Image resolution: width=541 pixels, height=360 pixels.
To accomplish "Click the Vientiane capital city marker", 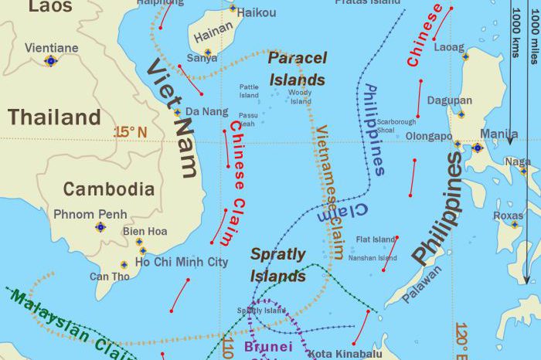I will pos(51,60).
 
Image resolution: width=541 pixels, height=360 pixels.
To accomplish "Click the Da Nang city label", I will pos(204,112).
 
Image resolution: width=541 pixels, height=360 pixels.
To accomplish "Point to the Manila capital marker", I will pos(478,148).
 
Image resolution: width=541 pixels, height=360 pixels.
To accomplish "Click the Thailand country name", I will pos(54,117).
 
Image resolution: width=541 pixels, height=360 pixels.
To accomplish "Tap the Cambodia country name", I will pos(108,188).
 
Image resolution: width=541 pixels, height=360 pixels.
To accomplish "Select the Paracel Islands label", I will pos(297,69).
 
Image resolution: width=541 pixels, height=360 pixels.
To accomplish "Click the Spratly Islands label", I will pos(278,264).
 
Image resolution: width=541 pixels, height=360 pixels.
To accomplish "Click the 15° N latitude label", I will pos(130,132).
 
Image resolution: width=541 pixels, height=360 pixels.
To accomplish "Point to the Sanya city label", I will pos(202,58).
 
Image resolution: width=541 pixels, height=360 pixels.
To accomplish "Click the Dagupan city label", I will pos(449,100).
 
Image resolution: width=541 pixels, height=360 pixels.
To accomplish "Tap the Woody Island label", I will pos(300,97).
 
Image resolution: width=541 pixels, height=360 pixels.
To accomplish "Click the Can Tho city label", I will pos(109,277).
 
